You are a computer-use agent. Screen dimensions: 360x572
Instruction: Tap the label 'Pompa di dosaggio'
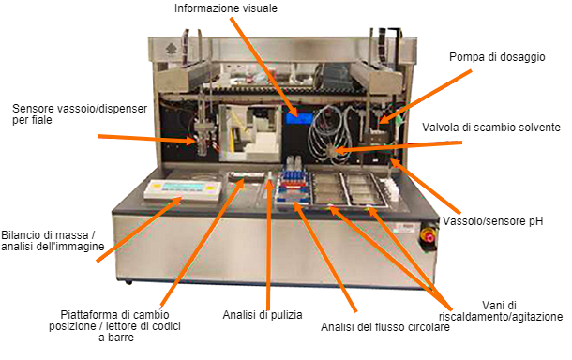click(495, 57)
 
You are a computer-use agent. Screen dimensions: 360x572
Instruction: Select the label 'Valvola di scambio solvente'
click(491, 127)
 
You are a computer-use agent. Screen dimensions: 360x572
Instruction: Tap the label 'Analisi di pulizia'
click(263, 314)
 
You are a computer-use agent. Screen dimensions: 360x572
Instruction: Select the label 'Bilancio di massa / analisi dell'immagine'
click(53, 240)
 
